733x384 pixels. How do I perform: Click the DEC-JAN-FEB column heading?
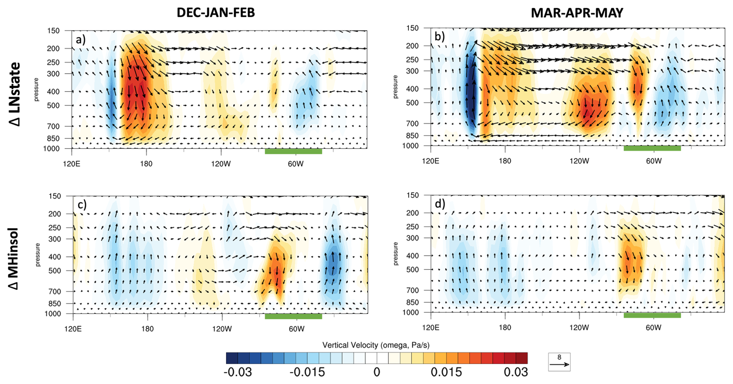tap(216, 13)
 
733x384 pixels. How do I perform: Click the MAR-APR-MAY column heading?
tap(577, 13)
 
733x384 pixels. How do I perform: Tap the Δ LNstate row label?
tap(15, 94)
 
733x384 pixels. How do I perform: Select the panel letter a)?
tap(81, 39)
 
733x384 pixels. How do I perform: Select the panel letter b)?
tap(440, 37)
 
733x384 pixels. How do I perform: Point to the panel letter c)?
tap(82, 204)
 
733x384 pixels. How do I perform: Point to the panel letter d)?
tap(440, 204)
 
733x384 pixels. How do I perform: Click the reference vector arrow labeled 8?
tap(559, 364)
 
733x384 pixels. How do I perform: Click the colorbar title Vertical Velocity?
tap(376, 345)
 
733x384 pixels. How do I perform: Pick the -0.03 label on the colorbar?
tap(237, 372)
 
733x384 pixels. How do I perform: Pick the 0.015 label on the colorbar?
tap(446, 372)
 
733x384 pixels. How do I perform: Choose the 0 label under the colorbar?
tap(377, 372)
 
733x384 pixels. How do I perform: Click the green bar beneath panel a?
tap(293, 151)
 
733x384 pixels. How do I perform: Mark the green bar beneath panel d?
tap(652, 315)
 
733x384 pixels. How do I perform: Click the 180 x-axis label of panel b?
tap(505, 161)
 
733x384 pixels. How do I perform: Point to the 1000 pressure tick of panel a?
tap(52, 149)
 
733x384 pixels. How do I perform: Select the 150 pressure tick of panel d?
tap(413, 195)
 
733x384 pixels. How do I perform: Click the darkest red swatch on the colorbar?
tap(521, 358)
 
